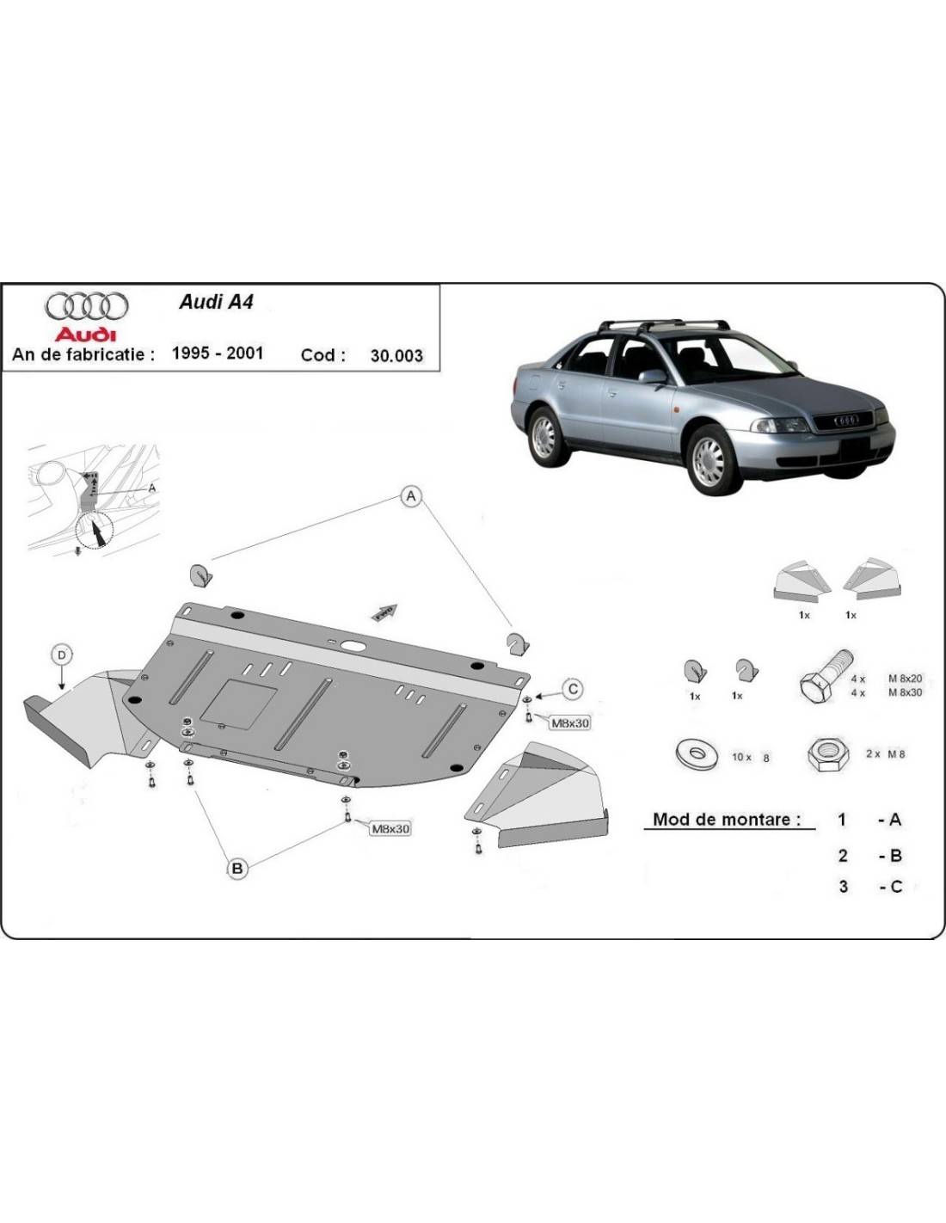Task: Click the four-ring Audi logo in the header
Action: pyautogui.click(x=86, y=305)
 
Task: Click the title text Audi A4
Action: pyautogui.click(x=216, y=302)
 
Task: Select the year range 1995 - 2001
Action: pyautogui.click(x=218, y=353)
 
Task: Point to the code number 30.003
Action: pyautogui.click(x=396, y=355)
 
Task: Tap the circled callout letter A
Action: pyautogui.click(x=411, y=496)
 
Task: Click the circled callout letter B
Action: pyautogui.click(x=237, y=869)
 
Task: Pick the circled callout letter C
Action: pyautogui.click(x=573, y=689)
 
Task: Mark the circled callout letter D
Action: pyautogui.click(x=62, y=655)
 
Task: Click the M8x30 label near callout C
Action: pyautogui.click(x=569, y=723)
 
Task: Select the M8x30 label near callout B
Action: pyautogui.click(x=390, y=829)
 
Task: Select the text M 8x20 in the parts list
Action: pyautogui.click(x=905, y=679)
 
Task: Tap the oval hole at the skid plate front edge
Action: pyautogui.click(x=353, y=646)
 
